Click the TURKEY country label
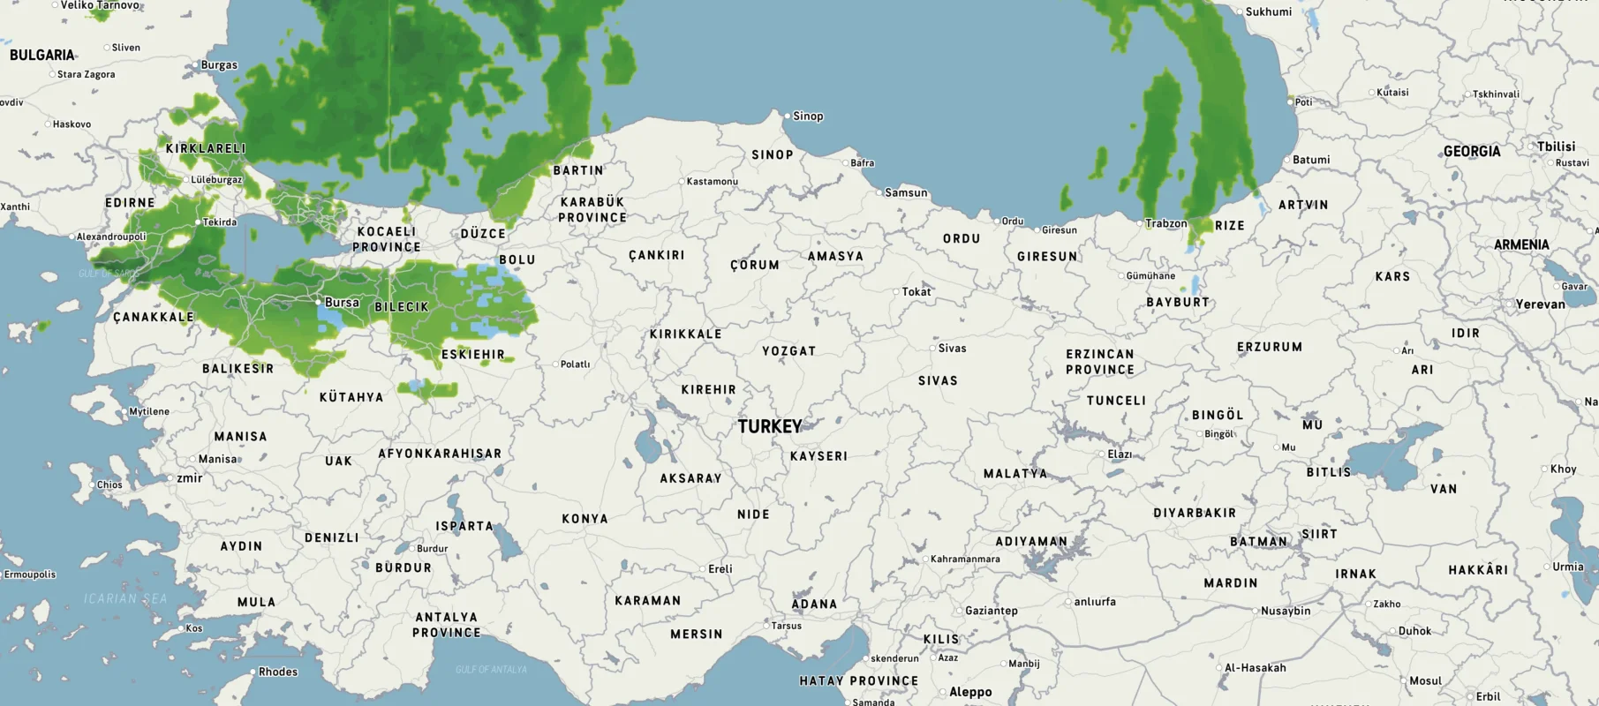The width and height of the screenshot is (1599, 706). pyautogui.click(x=770, y=427)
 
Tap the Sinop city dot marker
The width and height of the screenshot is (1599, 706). pyautogui.click(x=788, y=116)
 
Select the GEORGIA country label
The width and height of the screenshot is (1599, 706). pyautogui.click(x=1472, y=152)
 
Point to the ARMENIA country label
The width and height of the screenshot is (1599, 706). pyautogui.click(x=1521, y=245)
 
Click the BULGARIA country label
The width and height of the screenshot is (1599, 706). pyautogui.click(x=42, y=56)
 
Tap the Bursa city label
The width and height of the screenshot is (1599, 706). pyautogui.click(x=342, y=303)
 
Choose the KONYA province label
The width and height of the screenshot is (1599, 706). pyautogui.click(x=585, y=519)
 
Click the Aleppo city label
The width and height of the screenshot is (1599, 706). pyautogui.click(x=970, y=692)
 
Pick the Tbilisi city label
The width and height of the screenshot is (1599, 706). pyautogui.click(x=1556, y=146)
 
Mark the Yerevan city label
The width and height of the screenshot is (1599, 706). pyautogui.click(x=1540, y=304)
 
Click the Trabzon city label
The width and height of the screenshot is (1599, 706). pyautogui.click(x=1165, y=224)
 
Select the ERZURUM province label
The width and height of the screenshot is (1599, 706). pyautogui.click(x=1270, y=348)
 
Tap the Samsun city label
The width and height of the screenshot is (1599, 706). pyautogui.click(x=906, y=193)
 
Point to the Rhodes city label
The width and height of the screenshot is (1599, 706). pyautogui.click(x=278, y=672)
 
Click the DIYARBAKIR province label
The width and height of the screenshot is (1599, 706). pyautogui.click(x=1195, y=514)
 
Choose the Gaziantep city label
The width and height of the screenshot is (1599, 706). pyautogui.click(x=992, y=611)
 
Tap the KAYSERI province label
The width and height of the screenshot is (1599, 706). pyautogui.click(x=818, y=457)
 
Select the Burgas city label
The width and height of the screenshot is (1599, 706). pyautogui.click(x=219, y=65)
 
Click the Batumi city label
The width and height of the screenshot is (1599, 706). pyautogui.click(x=1310, y=161)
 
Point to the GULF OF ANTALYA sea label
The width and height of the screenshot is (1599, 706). pyautogui.click(x=491, y=670)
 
